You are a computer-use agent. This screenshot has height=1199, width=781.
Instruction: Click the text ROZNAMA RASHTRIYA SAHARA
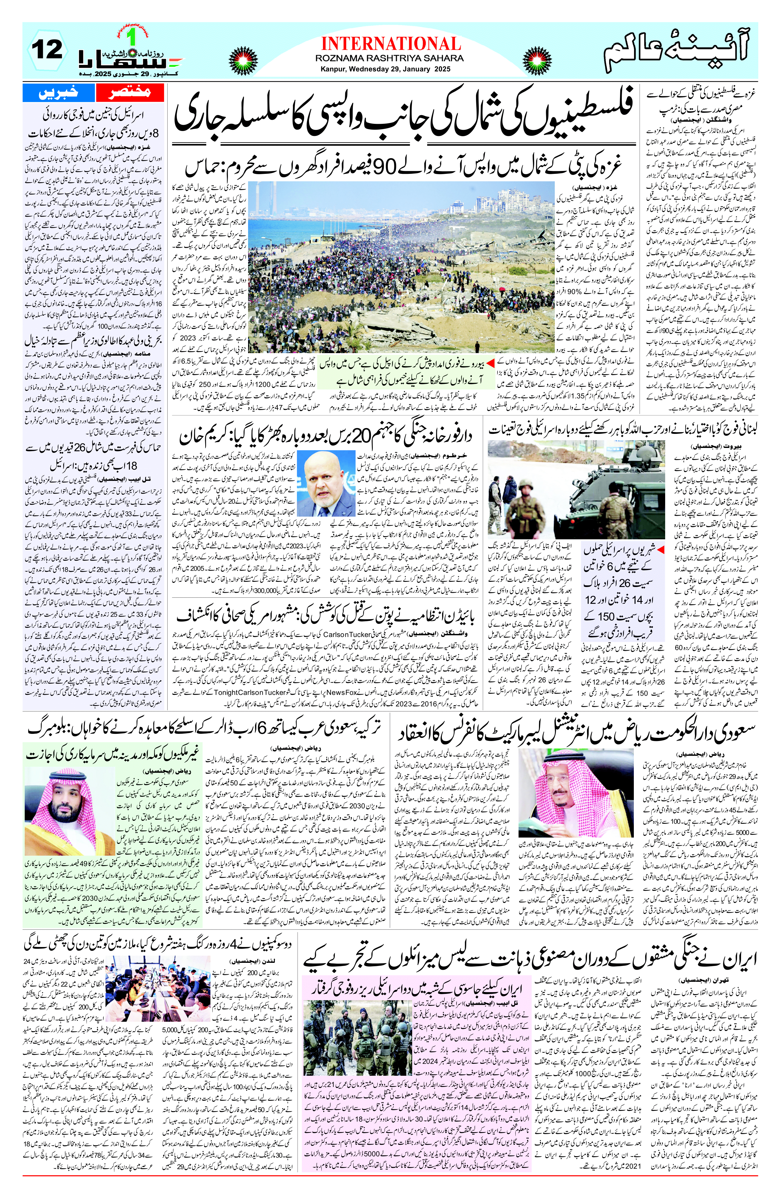pyautogui.click(x=389, y=58)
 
